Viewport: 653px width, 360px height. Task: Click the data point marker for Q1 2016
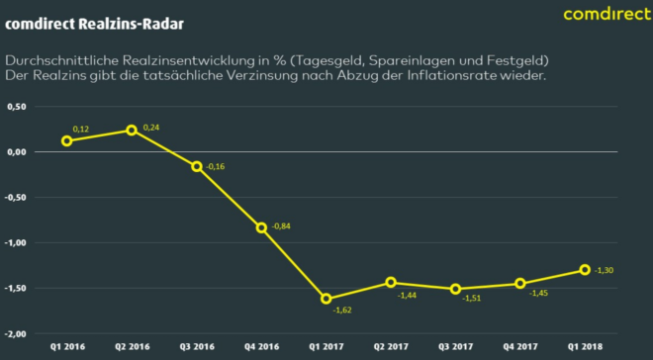66,140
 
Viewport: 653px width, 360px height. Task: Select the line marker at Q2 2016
132,130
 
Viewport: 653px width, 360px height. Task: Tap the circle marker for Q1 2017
326,299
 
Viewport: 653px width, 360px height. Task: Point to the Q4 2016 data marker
261,227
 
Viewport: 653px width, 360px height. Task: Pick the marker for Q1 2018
585,270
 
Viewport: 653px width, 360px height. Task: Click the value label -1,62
340,309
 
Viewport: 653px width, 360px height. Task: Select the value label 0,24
150,127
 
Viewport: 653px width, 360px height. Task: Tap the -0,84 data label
281,226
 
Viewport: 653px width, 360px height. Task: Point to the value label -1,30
605,268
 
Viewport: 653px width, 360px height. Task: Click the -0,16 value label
216,165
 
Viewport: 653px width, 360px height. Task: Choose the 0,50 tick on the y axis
15,106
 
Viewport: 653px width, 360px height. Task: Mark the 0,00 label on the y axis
15,151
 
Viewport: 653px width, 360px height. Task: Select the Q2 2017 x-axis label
391,347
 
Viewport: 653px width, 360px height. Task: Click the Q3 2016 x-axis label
197,347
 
